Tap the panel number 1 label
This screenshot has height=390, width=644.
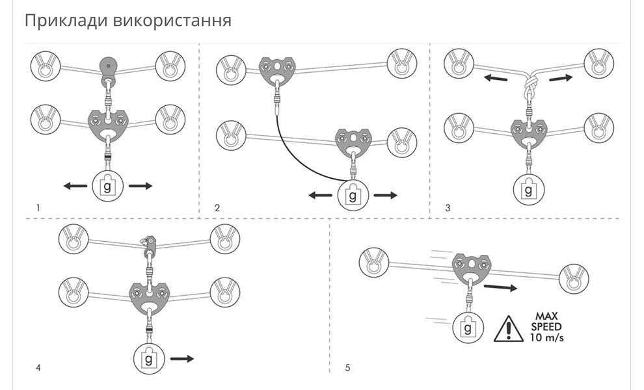39,208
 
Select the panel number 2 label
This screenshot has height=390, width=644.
217,208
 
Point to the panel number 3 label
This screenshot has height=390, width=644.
448,208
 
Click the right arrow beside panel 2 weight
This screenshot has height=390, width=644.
386,194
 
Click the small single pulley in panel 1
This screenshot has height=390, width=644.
109,67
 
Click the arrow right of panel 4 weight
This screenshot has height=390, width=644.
181,357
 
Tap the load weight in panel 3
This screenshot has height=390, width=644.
528,190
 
